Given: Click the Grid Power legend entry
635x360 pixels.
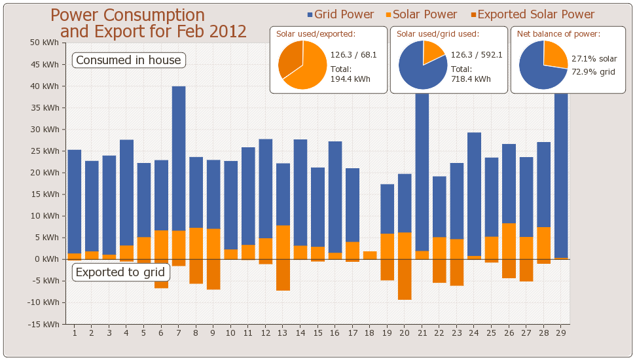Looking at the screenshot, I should [x=340, y=14].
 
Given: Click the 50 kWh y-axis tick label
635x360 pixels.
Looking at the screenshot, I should [x=44, y=43].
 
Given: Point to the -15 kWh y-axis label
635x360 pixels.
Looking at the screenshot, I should [x=43, y=324].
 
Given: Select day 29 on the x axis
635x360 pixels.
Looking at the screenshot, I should [x=561, y=333].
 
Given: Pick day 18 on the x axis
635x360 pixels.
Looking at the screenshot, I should [x=369, y=333].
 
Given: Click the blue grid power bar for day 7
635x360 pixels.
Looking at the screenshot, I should [x=179, y=157].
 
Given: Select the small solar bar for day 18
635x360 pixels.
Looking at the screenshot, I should [x=370, y=255].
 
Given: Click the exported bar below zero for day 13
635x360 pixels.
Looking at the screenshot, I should [x=283, y=275].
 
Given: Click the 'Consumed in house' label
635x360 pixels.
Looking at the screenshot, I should [x=128, y=60].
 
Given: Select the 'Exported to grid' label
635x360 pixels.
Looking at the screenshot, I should [x=121, y=272].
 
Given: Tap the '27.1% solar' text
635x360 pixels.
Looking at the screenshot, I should [x=594, y=59].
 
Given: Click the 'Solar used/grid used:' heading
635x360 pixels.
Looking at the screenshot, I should [x=438, y=34].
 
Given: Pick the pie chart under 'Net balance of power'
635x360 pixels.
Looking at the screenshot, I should [x=543, y=65].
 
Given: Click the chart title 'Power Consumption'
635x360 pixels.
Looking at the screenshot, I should [x=128, y=15].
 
